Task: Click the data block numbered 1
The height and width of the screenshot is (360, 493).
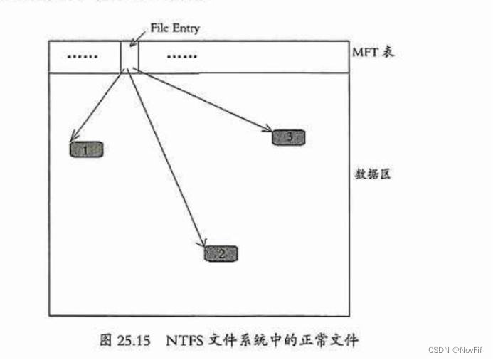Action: [x=87, y=149]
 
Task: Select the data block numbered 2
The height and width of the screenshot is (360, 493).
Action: [x=221, y=253]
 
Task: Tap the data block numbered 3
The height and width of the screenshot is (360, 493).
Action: [x=289, y=137]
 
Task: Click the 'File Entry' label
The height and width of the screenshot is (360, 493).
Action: [x=175, y=28]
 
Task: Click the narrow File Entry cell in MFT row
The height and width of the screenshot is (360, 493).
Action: [x=129, y=56]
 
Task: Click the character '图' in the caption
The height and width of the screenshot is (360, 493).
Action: [x=106, y=340]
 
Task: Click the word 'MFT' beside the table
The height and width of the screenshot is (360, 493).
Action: [x=364, y=53]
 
